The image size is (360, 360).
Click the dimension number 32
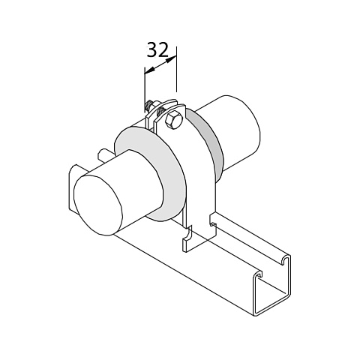point(157,49)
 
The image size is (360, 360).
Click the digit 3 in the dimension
point(151,49)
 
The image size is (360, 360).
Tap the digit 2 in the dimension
point(163,49)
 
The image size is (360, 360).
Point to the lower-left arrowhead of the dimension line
point(149,71)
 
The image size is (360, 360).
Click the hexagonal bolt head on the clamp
point(172,121)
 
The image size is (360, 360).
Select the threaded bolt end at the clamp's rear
point(150,106)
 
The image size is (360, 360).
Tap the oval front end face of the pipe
point(98,205)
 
